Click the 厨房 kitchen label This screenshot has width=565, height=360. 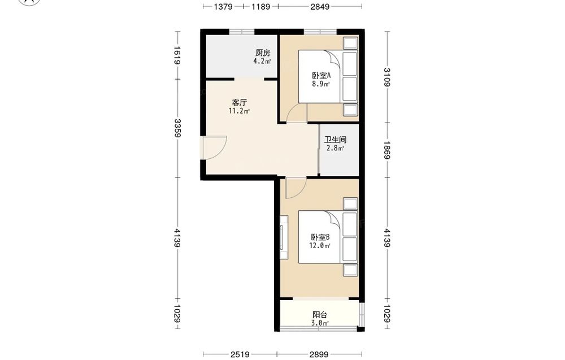tap(263, 53)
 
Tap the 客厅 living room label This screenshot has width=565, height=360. tap(239, 103)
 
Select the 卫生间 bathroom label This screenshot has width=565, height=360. tap(335, 140)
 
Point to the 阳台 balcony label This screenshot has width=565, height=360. tap(320, 315)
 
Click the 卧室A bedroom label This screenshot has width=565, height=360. tap(321, 76)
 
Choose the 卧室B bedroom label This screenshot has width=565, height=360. tap(320, 237)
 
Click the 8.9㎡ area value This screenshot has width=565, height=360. tap(321, 84)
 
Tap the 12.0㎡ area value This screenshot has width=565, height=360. tap(320, 246)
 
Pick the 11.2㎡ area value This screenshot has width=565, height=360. tap(239, 111)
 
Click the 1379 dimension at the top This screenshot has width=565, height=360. tap(223, 6)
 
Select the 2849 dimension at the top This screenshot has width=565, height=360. tap(320, 6)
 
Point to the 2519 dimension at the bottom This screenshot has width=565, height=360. tap(240, 354)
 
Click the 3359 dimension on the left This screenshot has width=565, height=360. tap(177, 128)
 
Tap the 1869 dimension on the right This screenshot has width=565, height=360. tap(387, 150)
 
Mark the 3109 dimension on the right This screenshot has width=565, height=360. tap(387, 77)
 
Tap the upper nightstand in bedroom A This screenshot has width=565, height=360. tap(350, 44)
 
